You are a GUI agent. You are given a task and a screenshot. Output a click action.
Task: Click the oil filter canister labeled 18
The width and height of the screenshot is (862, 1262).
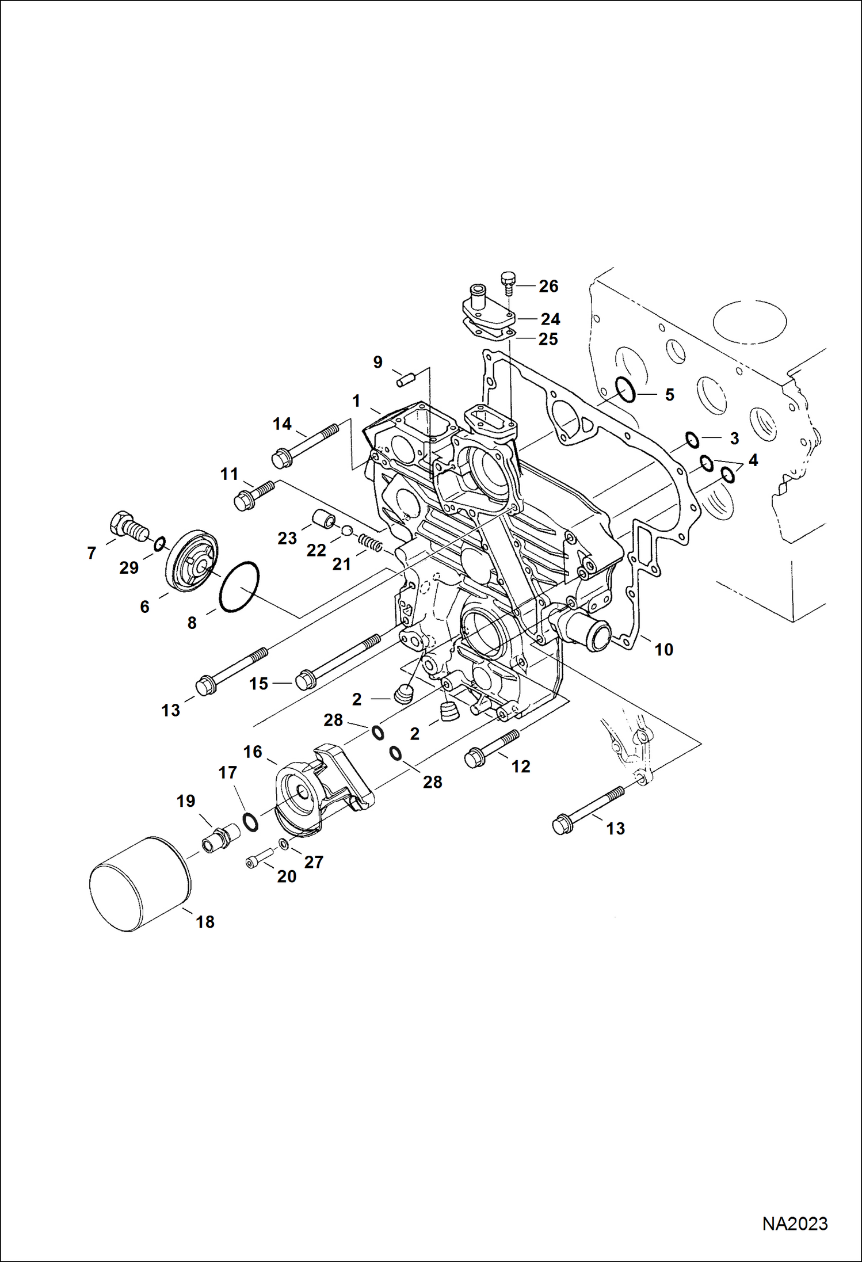[x=140, y=884]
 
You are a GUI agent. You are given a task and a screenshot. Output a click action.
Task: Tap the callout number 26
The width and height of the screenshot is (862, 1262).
[x=548, y=286]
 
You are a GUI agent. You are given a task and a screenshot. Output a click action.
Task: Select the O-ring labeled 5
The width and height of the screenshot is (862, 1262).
[x=625, y=390]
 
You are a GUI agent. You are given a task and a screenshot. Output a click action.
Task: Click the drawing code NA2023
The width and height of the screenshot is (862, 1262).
[x=795, y=1224]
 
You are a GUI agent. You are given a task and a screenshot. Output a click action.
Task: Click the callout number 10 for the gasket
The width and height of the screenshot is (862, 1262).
[x=663, y=650]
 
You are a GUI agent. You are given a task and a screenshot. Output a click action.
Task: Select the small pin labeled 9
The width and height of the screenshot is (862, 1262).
[x=406, y=380]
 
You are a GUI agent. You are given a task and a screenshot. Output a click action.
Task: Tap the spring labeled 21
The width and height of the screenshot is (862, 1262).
[x=370, y=542]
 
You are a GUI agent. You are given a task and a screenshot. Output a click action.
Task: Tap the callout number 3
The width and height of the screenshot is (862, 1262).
[x=734, y=439]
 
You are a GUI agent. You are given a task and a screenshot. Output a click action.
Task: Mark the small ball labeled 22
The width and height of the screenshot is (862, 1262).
[x=347, y=530]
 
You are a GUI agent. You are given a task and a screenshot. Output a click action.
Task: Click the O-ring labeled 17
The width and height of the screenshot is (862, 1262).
[x=250, y=822]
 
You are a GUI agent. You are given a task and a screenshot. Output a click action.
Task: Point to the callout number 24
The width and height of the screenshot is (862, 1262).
[x=550, y=319]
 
